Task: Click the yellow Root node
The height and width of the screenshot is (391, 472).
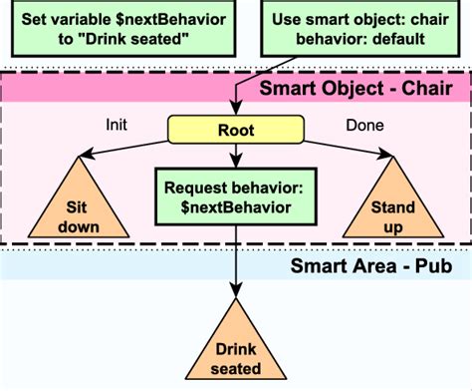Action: pyautogui.click(x=236, y=130)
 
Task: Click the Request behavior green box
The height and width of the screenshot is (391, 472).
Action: pyautogui.click(x=235, y=197)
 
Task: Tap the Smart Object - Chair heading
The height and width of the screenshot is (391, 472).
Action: pyautogui.click(x=355, y=91)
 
